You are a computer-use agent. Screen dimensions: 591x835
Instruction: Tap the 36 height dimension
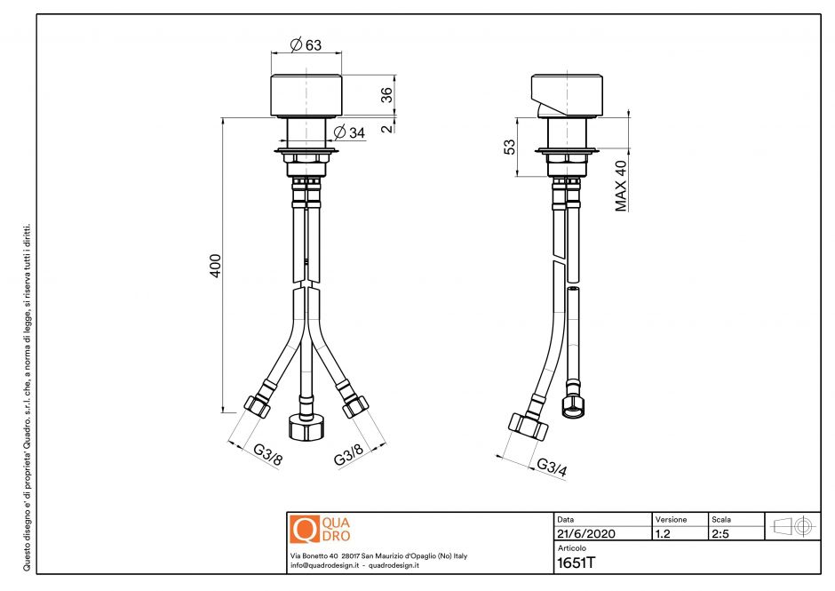[386, 96]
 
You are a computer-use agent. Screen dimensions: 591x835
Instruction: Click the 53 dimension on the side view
[509, 147]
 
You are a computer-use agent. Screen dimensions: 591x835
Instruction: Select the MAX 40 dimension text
[621, 185]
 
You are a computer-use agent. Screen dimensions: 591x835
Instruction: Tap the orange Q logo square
[304, 529]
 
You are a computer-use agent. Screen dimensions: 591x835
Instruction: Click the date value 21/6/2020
[585, 534]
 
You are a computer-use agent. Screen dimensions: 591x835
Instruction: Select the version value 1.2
[663, 534]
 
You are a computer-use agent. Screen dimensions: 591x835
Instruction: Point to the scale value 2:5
[721, 534]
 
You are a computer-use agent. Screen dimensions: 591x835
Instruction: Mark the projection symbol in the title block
[792, 526]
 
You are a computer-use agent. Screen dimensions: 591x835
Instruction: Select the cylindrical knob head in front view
[306, 95]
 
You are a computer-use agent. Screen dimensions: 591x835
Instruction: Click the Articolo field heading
[571, 549]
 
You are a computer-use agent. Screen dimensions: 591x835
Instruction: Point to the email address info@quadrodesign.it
[323, 565]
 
